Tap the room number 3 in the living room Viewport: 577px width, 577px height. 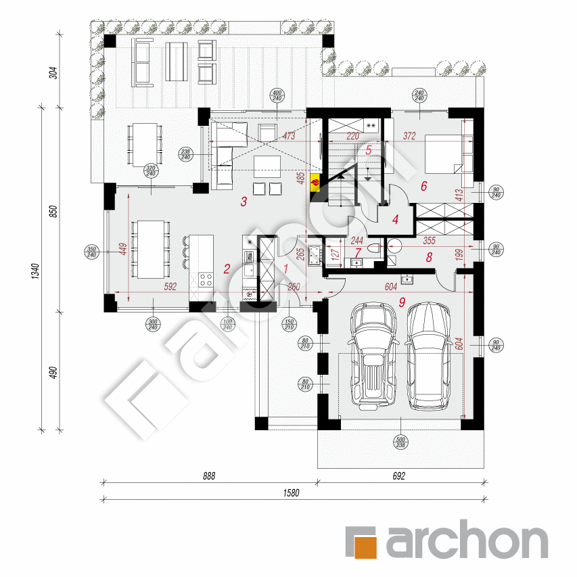point(244,202)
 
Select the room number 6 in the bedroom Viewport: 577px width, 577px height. point(424,187)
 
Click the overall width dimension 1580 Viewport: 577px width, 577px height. point(291,493)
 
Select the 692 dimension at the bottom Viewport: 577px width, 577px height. point(398,476)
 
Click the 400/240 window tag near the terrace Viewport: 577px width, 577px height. point(276,95)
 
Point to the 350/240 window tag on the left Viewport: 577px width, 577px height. point(91,253)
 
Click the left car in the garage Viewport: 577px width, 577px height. point(372,355)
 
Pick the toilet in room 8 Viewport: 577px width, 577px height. point(394,248)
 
